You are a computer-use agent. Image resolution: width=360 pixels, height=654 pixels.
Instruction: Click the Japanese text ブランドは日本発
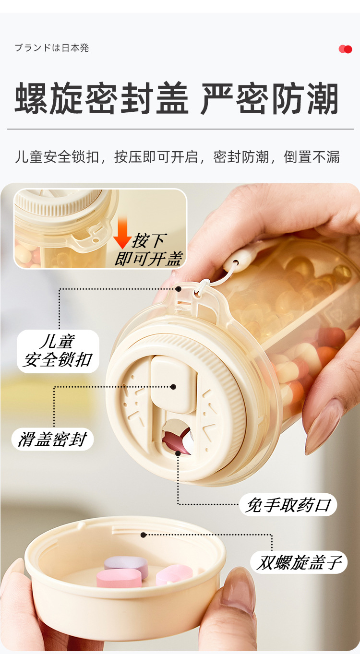(52, 48)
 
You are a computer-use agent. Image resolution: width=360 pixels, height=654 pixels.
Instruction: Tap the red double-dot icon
(346, 49)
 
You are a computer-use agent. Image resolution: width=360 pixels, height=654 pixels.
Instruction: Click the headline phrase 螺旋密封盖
(102, 98)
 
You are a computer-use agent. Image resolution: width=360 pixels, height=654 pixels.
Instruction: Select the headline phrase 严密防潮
(269, 98)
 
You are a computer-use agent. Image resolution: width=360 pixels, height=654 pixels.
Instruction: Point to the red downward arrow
(122, 232)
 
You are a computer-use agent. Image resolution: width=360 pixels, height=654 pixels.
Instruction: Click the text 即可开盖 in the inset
(149, 259)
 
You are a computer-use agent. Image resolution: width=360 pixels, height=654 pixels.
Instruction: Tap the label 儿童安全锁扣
(58, 351)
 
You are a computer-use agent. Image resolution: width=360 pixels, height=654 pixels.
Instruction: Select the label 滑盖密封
(52, 440)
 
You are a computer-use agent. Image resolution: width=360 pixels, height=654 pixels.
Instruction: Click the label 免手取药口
(288, 505)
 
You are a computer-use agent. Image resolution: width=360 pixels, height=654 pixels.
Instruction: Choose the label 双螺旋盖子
(299, 562)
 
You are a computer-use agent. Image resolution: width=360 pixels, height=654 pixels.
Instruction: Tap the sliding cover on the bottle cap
(172, 384)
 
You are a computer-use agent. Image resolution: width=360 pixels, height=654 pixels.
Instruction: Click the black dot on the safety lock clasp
(179, 289)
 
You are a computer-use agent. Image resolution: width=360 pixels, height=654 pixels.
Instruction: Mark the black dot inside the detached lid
(143, 535)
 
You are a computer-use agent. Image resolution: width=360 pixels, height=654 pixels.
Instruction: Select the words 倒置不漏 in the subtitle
(312, 157)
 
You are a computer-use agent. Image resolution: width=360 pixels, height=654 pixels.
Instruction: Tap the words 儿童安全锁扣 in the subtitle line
(57, 157)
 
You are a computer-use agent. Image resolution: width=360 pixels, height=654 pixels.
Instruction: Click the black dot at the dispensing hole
(178, 453)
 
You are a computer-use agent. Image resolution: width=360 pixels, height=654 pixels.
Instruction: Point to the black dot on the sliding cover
(173, 387)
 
